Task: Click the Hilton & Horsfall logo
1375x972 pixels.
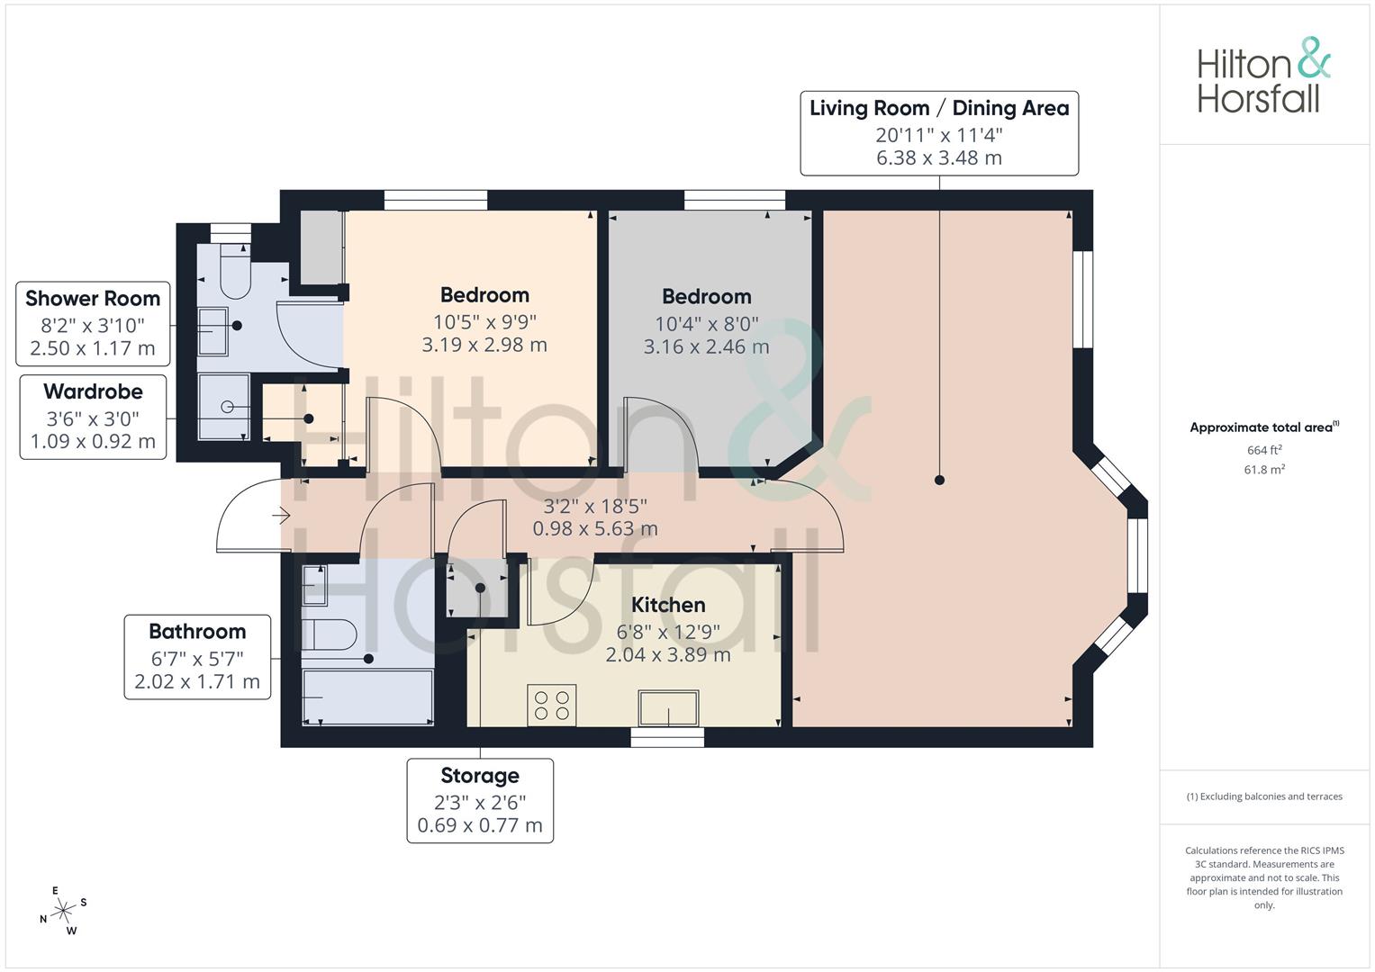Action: tap(1263, 76)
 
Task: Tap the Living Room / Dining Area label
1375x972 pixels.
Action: tap(939, 109)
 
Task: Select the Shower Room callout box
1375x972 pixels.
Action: tap(93, 323)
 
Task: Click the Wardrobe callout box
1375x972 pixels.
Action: tap(93, 417)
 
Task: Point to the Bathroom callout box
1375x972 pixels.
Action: tap(196, 656)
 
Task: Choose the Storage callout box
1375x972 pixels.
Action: tap(480, 800)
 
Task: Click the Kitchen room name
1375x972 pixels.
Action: tap(667, 605)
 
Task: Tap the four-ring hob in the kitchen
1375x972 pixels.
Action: tap(551, 705)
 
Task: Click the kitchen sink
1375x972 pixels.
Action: tap(668, 708)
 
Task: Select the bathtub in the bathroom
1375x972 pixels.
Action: tap(367, 697)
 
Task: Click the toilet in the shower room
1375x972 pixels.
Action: tap(234, 274)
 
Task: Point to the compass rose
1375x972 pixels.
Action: tap(63, 911)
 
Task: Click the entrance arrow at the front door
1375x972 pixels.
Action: tap(281, 517)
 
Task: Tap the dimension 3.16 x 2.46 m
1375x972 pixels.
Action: tap(706, 346)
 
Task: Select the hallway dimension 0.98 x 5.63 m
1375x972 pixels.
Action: tap(595, 529)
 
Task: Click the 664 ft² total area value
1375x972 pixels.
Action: tap(1263, 450)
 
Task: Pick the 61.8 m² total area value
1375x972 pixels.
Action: tap(1263, 469)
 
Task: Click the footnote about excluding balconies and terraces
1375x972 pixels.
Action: tap(1263, 796)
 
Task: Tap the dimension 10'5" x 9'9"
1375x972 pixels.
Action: tap(484, 322)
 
